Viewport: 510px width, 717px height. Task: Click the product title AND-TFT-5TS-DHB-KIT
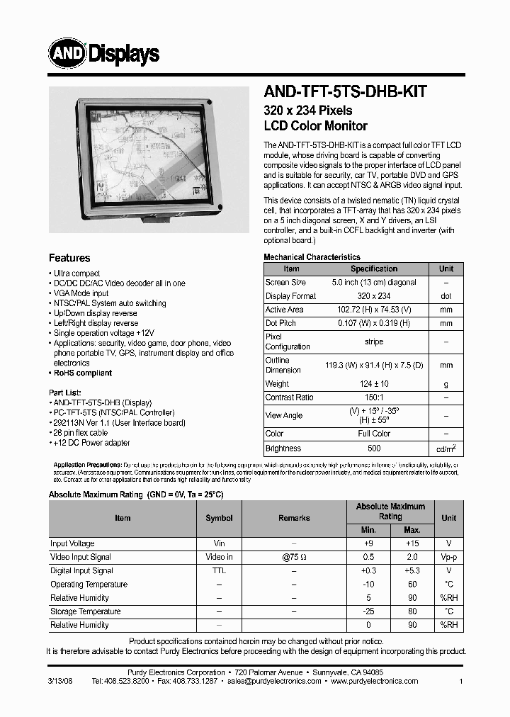click(345, 91)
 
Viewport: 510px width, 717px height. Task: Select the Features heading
click(69, 258)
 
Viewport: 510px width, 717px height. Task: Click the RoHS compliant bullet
click(82, 373)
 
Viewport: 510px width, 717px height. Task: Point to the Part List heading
click(65, 392)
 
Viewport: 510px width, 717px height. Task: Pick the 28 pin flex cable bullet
click(80, 432)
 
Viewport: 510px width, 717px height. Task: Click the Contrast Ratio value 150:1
click(374, 397)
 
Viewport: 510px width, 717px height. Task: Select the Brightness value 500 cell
click(374, 448)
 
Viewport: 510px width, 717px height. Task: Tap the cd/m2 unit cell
click(446, 448)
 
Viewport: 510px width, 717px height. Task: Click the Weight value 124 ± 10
click(374, 383)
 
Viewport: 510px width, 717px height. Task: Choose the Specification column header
click(374, 269)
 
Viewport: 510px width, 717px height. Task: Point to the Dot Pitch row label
click(280, 323)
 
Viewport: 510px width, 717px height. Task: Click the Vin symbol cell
click(219, 543)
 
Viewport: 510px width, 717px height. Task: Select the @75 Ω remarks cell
click(293, 557)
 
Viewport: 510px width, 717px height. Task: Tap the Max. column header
click(412, 530)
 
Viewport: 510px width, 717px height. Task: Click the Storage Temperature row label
click(85, 611)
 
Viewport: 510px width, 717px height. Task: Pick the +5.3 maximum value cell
click(412, 570)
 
